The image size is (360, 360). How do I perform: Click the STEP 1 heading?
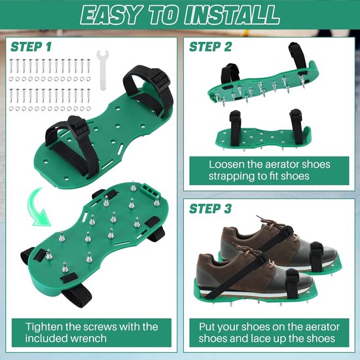(x=31, y=47)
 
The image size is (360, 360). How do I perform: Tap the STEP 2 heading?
(x=210, y=47)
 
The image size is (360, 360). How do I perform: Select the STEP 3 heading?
(x=210, y=209)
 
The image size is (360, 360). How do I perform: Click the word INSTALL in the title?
(x=232, y=14)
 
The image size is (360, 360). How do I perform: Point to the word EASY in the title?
(x=111, y=14)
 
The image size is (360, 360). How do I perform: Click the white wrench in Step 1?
(x=103, y=70)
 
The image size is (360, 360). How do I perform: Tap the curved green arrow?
(x=38, y=207)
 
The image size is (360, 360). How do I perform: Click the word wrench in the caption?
(x=90, y=338)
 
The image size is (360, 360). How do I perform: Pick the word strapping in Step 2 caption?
(x=232, y=176)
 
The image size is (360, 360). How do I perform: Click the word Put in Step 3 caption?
(x=207, y=327)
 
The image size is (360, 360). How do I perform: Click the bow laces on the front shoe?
(x=249, y=250)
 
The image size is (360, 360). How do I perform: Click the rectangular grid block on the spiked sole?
(x=149, y=190)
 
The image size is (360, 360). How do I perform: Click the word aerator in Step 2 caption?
(x=281, y=164)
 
